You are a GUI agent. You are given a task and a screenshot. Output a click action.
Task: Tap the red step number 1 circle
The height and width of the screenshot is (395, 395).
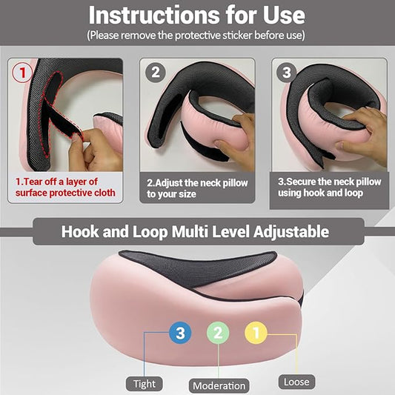tap(22, 73)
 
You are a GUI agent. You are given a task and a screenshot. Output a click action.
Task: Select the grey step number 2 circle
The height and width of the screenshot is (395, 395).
tap(156, 73)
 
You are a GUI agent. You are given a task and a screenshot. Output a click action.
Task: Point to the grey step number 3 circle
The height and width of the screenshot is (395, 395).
tap(287, 73)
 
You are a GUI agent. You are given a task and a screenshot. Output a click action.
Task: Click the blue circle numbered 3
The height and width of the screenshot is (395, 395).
tap(180, 333)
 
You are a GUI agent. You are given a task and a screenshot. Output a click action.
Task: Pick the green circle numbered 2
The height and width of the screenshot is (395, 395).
tap(218, 333)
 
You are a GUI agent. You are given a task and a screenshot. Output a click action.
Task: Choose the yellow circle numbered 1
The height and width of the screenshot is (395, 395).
tap(256, 333)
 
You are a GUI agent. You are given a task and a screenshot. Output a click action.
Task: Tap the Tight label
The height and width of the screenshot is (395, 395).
tap(145, 384)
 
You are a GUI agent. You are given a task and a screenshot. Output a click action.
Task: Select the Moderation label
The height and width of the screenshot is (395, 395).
tap(219, 385)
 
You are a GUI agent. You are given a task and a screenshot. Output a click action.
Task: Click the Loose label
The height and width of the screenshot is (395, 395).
tap(296, 382)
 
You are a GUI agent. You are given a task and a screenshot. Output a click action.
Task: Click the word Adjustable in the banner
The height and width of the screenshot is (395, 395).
tap(291, 232)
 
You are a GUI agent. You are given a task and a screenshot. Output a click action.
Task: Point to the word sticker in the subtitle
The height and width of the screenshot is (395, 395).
tap(237, 36)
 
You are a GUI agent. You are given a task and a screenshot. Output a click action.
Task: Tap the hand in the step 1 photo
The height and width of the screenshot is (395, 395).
tap(94, 151)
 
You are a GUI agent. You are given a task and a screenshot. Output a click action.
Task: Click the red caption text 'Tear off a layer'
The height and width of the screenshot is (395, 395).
tap(56, 182)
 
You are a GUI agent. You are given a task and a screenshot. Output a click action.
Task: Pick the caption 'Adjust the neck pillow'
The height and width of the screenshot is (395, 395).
tap(197, 183)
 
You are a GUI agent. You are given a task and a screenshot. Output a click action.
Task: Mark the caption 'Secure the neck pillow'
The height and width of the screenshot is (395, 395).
tap(330, 182)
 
